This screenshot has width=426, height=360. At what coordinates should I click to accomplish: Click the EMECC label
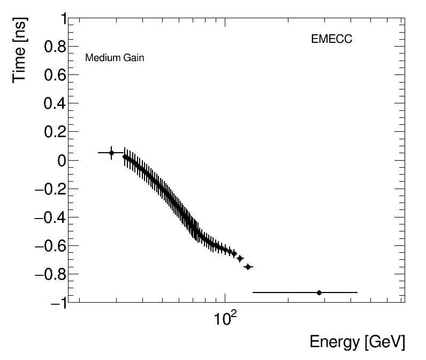tap(331, 39)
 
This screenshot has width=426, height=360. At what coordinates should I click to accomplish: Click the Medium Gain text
tap(115, 58)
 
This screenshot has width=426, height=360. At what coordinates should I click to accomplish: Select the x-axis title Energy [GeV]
tap(357, 342)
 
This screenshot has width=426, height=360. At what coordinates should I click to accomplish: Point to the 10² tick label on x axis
tap(225, 320)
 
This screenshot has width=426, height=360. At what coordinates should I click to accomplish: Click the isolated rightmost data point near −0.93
tap(319, 292)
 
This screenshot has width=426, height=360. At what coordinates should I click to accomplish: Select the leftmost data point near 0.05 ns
tap(111, 153)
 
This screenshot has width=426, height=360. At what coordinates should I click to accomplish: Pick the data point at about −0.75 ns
tap(248, 267)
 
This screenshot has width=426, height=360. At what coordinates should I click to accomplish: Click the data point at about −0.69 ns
tap(240, 258)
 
